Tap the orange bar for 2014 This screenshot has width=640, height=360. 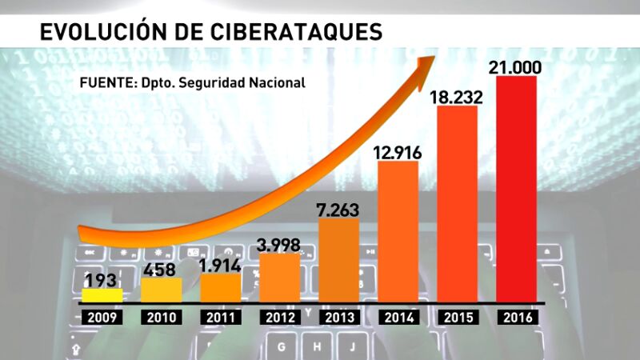pos(398,232)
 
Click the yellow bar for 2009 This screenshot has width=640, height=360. pos(102,295)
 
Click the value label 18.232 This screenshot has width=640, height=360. pos(457,95)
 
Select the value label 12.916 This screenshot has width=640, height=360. pos(398,150)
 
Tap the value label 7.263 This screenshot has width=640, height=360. pos(337,210)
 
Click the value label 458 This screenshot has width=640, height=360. pos(161,268)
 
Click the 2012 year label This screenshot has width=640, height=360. pos(279,317)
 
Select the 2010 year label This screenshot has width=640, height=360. pos(161,317)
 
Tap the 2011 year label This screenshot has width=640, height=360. pos(220,317)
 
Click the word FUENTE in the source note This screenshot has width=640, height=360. pos(106,82)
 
